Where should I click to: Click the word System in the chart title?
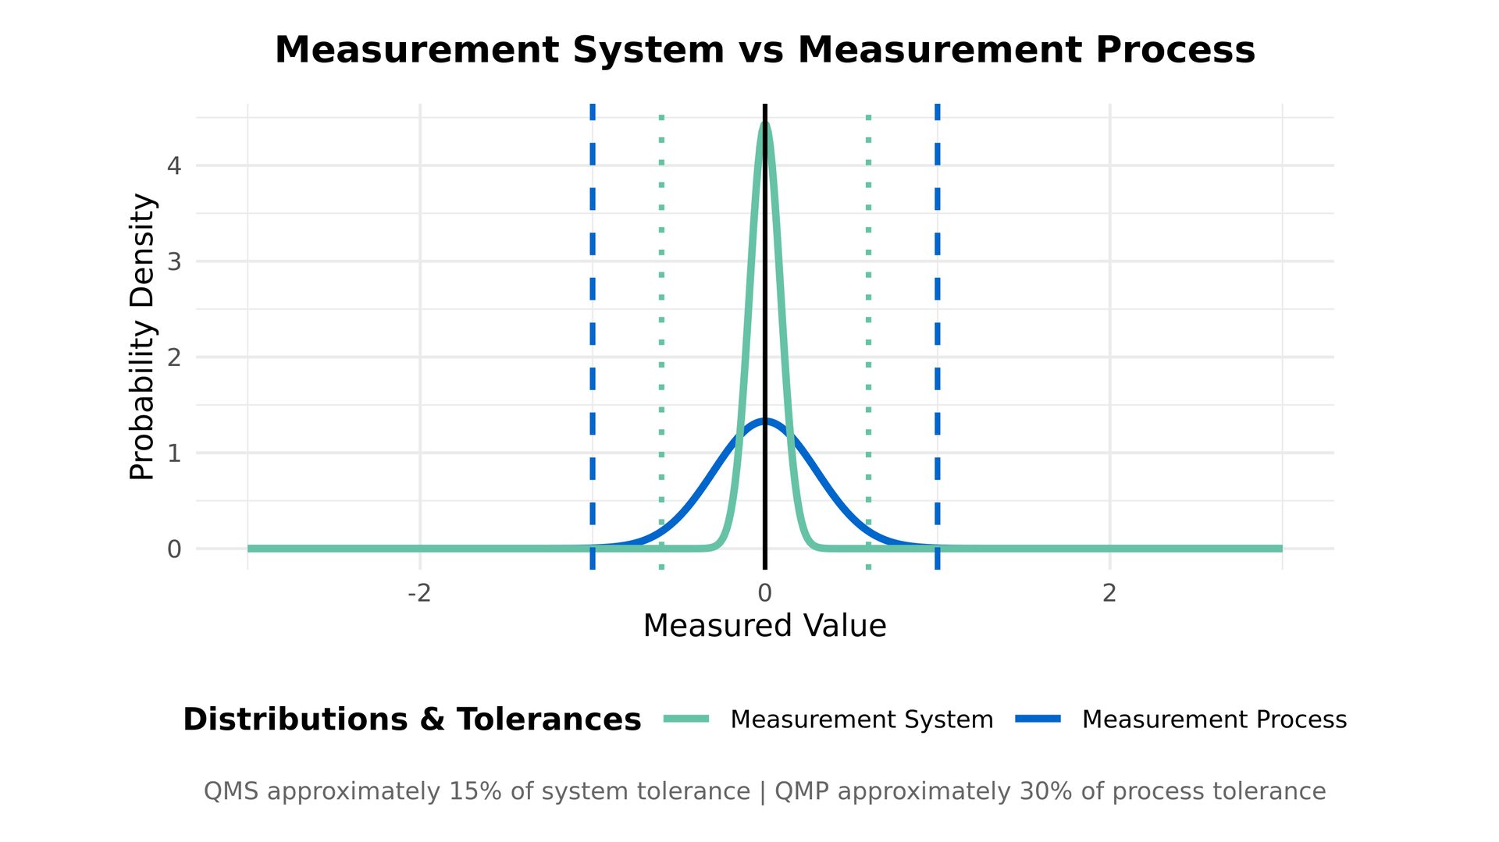click(648, 50)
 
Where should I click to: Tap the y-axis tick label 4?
click(174, 165)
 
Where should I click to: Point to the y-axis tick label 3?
click(174, 261)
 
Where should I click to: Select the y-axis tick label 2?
click(174, 357)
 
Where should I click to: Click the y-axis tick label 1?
click(174, 453)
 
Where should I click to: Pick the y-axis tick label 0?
click(174, 549)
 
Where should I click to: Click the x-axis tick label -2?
click(419, 594)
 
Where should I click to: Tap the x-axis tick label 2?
click(1109, 594)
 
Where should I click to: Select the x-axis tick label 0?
click(764, 594)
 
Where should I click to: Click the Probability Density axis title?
click(143, 336)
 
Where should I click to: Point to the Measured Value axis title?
click(764, 626)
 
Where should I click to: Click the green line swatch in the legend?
click(686, 719)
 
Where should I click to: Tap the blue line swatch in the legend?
click(1038, 719)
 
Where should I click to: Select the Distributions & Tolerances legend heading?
click(411, 719)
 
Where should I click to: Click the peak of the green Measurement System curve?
click(764, 125)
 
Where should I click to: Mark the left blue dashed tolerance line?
click(593, 312)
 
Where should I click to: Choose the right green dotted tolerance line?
click(868, 312)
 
